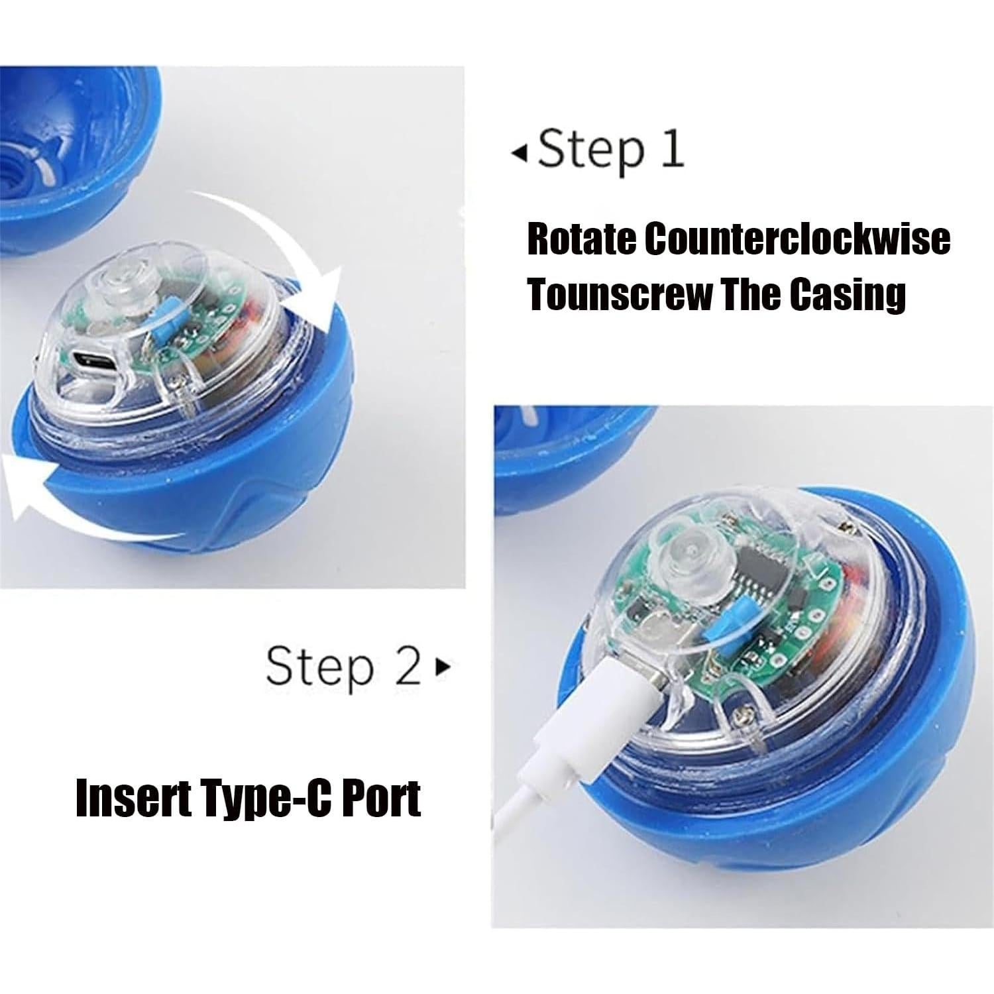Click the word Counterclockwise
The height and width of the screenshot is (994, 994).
click(797, 239)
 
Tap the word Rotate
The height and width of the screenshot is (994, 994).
click(580, 239)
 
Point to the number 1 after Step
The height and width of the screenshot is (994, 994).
click(672, 150)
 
